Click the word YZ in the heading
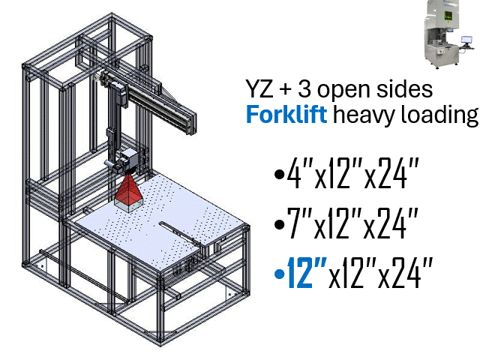[x=260, y=89]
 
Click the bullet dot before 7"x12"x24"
[x=279, y=226]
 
